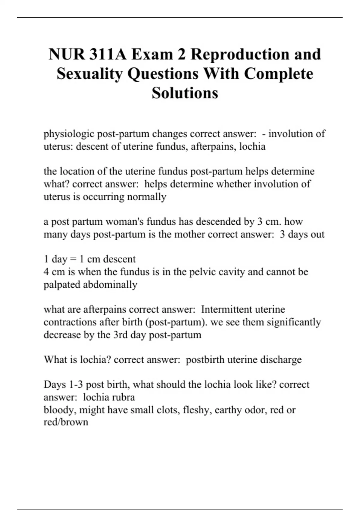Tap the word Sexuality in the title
[90, 74]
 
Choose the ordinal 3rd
[121, 335]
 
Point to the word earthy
[226, 410]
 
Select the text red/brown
[66, 422]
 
